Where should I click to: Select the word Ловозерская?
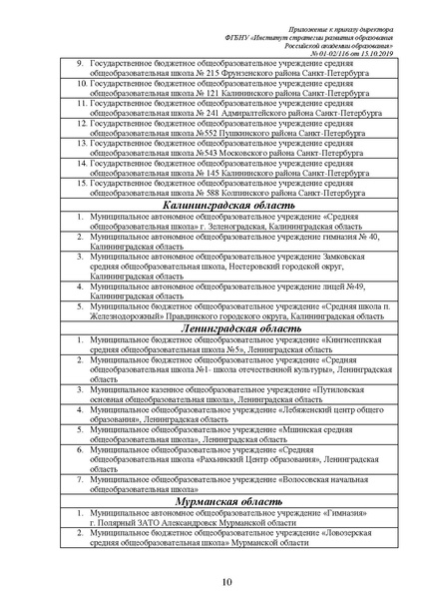tap(348, 534)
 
